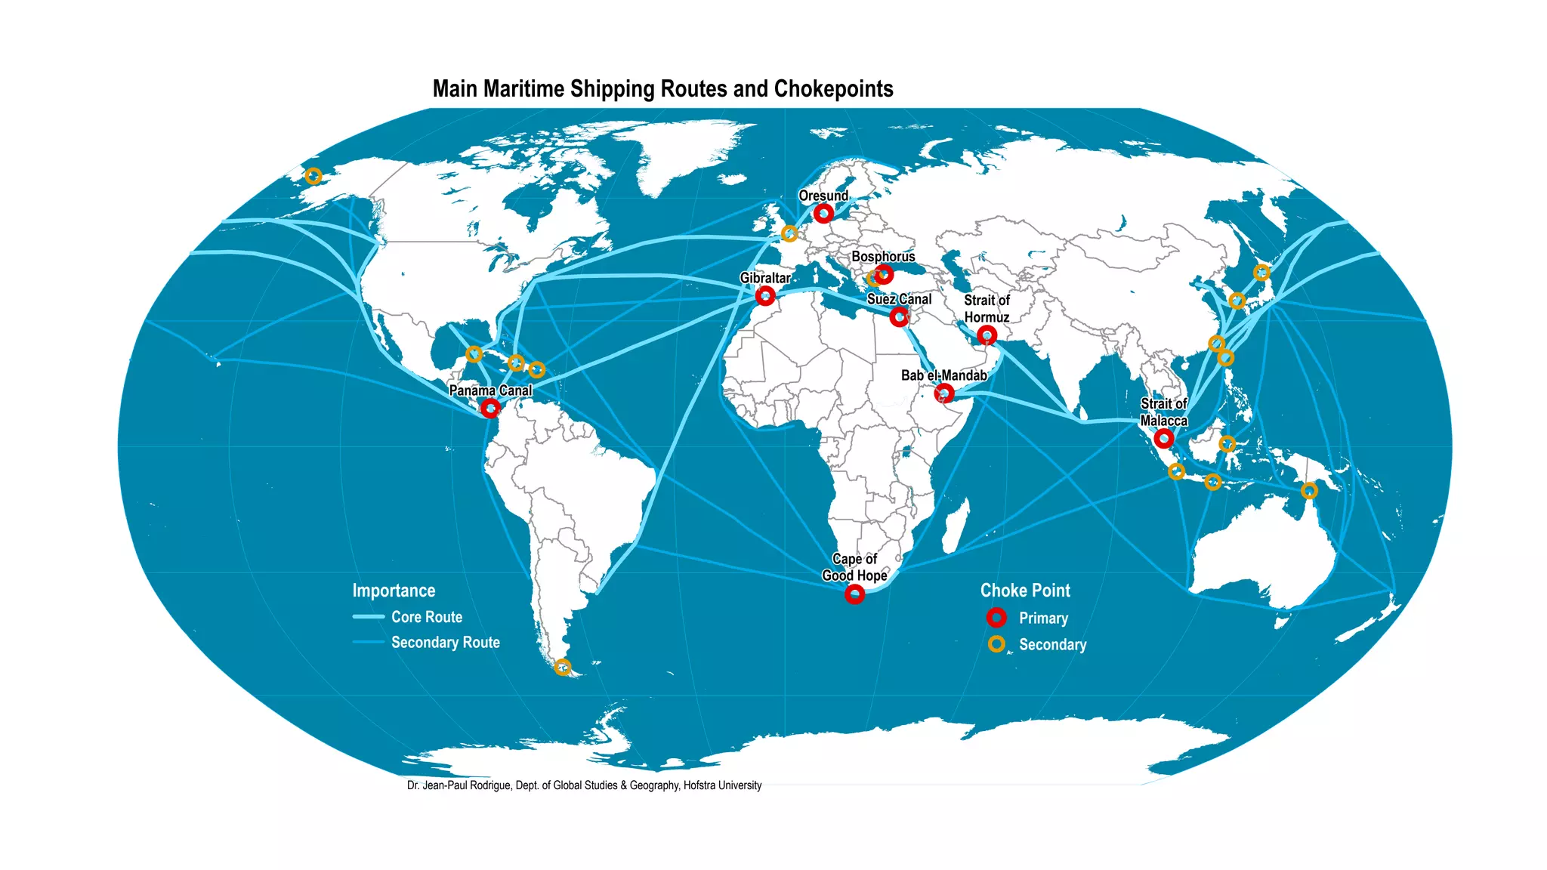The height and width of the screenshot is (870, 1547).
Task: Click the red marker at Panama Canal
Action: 490,409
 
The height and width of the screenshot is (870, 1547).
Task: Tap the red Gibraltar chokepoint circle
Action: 765,295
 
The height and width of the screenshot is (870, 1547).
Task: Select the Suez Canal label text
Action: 899,299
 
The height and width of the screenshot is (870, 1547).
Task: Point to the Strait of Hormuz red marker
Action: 987,335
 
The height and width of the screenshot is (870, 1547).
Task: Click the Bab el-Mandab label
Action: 943,375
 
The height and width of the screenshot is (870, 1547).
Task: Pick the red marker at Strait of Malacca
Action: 1163,438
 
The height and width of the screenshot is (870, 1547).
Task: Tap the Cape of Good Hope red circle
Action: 854,594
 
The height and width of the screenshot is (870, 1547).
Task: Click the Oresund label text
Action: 823,196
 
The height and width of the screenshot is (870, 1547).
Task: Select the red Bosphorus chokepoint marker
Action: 885,274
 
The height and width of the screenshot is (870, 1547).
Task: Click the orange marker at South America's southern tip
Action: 562,667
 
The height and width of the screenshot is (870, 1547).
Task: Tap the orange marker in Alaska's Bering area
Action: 313,176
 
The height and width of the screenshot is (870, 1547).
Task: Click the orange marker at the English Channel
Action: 789,233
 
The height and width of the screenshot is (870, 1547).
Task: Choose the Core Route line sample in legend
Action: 369,617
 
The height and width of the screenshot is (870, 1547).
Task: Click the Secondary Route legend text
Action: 445,643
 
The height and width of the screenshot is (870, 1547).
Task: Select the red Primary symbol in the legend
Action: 996,618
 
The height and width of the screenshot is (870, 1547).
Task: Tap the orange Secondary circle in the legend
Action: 996,644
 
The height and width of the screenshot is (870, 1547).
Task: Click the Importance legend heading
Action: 394,591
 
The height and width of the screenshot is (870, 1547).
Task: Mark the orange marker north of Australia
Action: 1309,491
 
